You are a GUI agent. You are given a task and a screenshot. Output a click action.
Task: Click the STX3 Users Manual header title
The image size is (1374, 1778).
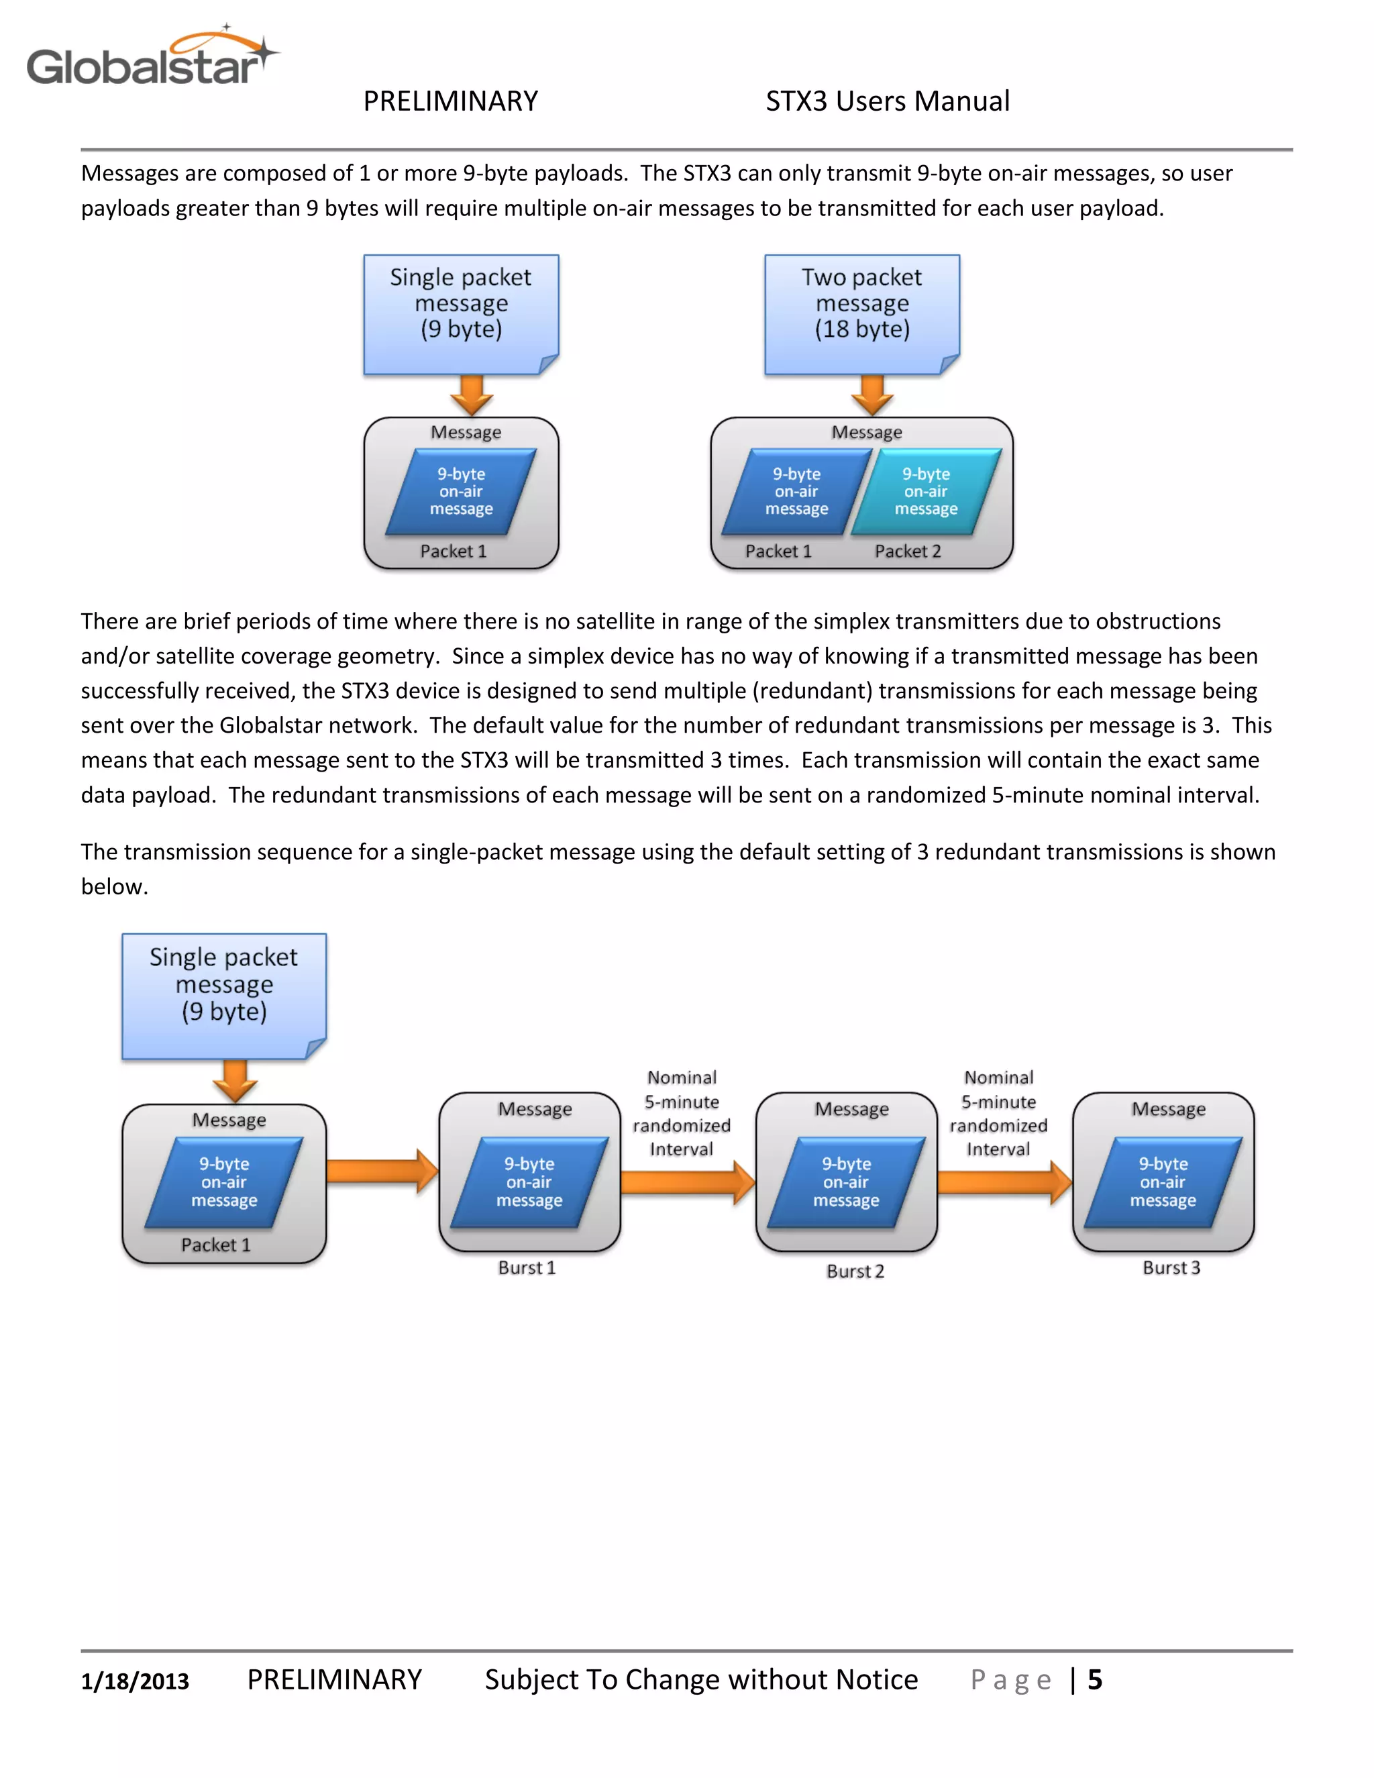click(887, 101)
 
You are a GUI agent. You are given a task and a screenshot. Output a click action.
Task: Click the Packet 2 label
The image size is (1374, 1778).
click(907, 551)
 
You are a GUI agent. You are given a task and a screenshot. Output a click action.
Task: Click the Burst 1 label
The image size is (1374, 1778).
click(527, 1267)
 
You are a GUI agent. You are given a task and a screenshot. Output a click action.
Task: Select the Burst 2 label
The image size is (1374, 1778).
click(855, 1271)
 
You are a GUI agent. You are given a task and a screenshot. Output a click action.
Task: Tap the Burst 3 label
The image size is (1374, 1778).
click(1171, 1267)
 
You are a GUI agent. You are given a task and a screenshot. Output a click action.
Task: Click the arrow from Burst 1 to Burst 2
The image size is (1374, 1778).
click(688, 1182)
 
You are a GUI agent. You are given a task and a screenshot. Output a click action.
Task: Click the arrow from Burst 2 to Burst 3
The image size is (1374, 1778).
click(1004, 1182)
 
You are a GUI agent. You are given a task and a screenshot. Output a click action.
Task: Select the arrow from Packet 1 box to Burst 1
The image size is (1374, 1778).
click(382, 1171)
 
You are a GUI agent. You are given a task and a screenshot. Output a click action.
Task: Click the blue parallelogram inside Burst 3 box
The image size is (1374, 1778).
click(1163, 1182)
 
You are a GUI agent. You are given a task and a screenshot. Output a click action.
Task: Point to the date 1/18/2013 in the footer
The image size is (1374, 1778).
click(135, 1680)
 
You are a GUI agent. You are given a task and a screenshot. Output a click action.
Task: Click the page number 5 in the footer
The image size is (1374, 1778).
click(1095, 1679)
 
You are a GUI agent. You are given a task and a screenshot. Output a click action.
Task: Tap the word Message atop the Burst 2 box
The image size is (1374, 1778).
click(851, 1109)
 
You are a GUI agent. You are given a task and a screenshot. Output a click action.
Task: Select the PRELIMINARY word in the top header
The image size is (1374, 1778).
click(450, 101)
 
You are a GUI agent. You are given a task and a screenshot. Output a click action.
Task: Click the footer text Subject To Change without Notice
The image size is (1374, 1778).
click(701, 1679)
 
